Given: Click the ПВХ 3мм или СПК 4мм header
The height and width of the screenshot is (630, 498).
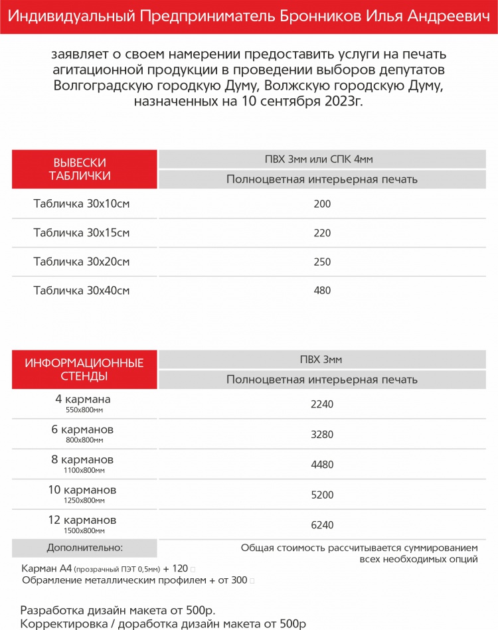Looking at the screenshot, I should coord(322,159).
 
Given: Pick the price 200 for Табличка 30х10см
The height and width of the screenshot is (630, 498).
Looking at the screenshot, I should coord(322,204).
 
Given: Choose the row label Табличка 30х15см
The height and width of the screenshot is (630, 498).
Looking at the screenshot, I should coord(82,232).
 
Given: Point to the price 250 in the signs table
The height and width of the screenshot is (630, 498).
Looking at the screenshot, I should coord(322,262).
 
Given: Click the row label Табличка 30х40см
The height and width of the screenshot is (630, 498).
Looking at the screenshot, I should coord(82,290).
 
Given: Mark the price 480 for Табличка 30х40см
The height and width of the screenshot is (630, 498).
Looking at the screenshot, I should coord(322,290).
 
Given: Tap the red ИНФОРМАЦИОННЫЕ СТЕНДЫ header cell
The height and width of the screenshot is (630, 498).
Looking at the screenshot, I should coord(84,370).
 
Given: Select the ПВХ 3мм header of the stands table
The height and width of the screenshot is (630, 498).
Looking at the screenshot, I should coord(322,360).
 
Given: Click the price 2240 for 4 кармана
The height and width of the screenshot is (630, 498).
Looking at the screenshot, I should coord(322,404).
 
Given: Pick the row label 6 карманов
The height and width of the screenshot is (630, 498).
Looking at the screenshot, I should coord(82,430).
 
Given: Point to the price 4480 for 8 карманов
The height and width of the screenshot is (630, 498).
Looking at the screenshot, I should coord(322,465).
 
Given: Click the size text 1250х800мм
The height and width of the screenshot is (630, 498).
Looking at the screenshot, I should coord(82,501).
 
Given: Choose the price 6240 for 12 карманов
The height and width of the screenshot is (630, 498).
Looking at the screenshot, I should coord(322,524).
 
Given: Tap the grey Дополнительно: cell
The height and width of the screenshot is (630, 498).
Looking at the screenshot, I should coord(84,548).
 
